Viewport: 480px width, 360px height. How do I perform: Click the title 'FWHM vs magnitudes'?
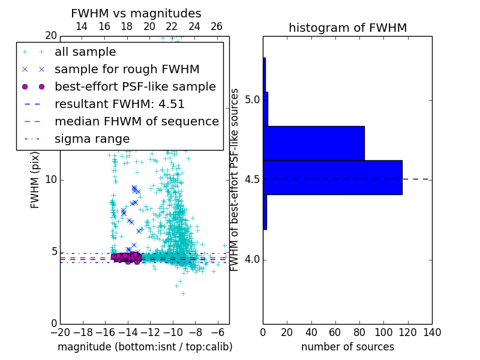tap(136, 14)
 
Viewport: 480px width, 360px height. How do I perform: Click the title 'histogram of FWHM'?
tap(347, 28)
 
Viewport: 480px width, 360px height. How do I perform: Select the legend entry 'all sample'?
tap(85, 52)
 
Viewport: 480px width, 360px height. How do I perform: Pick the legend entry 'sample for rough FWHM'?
tap(127, 70)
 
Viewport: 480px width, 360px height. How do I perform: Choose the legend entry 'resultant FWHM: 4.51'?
tap(119, 104)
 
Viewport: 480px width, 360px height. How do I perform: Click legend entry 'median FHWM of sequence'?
tap(136, 122)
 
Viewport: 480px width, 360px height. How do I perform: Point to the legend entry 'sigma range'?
tap(92, 139)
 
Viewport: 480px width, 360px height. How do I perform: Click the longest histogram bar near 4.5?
tap(332, 178)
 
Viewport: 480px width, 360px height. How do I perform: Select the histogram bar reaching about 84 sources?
tap(314, 143)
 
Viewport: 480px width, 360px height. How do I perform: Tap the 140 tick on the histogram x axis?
tap(432, 332)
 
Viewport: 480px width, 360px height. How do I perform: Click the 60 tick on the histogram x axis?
tap(335, 332)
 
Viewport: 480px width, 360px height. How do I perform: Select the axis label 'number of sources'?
tap(347, 347)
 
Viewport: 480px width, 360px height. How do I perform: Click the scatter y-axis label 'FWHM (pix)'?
tap(35, 179)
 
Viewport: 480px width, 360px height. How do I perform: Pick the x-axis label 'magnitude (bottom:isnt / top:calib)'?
tap(145, 347)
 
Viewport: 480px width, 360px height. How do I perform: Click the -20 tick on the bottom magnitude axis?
tap(60, 332)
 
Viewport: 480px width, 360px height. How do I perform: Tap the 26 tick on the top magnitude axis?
tap(217, 27)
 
